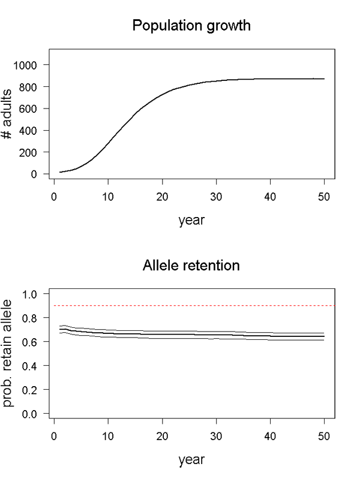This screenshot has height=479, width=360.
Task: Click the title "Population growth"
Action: [x=191, y=26]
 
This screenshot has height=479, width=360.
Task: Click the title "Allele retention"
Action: [x=191, y=266]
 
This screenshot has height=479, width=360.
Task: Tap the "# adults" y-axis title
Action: [x=9, y=120]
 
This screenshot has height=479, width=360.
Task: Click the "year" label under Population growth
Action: [x=191, y=220]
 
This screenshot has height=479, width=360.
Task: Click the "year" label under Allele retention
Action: [x=191, y=460]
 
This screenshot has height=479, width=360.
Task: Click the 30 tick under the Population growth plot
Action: [x=217, y=195]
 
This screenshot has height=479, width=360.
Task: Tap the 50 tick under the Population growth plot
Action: [x=325, y=195]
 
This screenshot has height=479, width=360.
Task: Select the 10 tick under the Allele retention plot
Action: [x=108, y=435]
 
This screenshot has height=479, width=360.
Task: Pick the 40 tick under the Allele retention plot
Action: [x=271, y=435]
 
